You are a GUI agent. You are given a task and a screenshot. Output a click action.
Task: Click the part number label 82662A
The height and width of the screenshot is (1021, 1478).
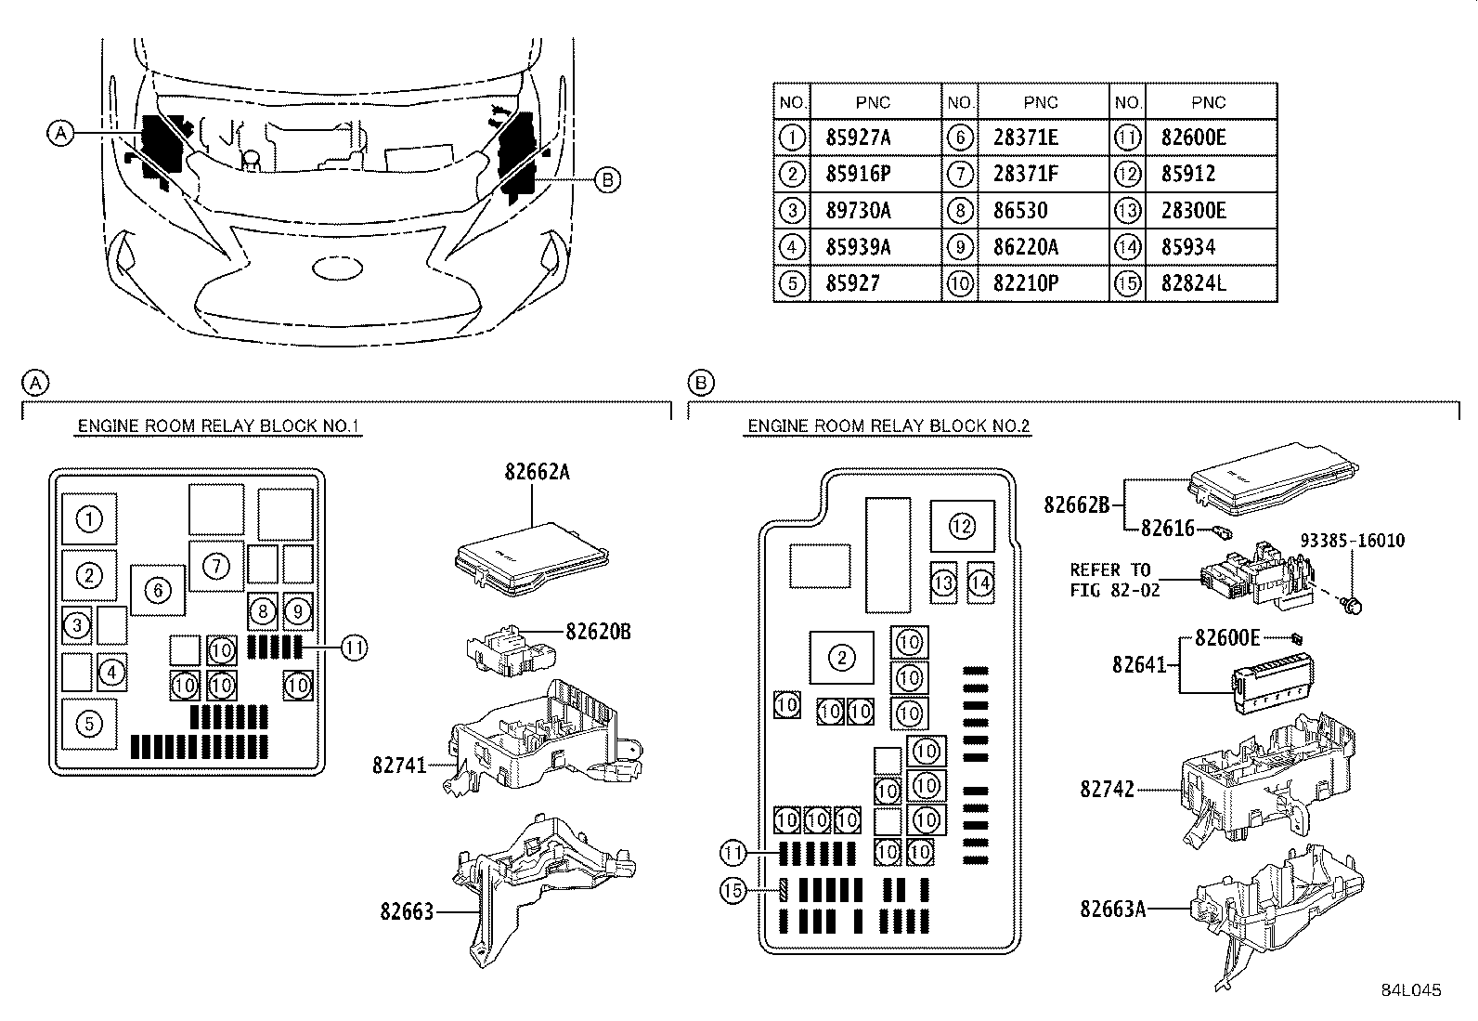point(538,472)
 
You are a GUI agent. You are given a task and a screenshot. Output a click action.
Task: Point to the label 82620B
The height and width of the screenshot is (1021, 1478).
point(598,632)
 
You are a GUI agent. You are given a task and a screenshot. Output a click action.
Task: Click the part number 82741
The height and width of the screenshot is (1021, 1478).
point(399,765)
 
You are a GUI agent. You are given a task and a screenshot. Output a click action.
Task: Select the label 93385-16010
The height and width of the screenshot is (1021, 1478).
point(1352,540)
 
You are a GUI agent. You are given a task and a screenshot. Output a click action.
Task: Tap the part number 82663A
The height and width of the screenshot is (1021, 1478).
point(1112,909)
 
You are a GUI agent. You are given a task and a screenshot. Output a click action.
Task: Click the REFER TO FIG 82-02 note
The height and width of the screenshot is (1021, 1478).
point(1114,580)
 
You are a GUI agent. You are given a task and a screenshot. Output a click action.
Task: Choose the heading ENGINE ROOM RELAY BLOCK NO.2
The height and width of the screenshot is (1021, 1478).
point(888,426)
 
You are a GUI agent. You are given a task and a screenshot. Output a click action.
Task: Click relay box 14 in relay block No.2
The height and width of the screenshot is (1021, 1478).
point(980,582)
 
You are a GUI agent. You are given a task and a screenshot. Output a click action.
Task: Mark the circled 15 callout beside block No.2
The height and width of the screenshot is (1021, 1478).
point(733,890)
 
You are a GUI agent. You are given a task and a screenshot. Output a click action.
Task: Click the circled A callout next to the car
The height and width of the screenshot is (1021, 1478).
point(60,134)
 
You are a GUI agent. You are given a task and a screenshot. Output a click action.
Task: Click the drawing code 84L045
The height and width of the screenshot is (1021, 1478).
point(1411,990)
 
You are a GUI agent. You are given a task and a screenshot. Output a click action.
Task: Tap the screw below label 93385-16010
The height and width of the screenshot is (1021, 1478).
point(1352,603)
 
